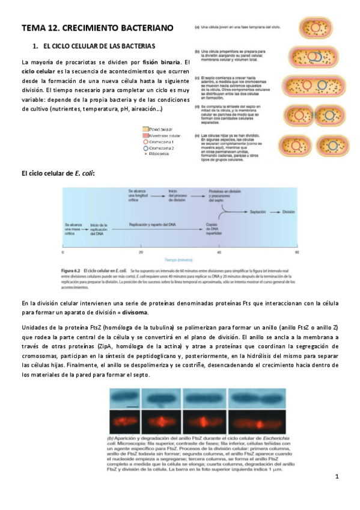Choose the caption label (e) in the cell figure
coord(198,136)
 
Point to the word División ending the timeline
coord(288,212)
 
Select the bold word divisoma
coord(155,313)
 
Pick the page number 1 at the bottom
coord(337,477)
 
